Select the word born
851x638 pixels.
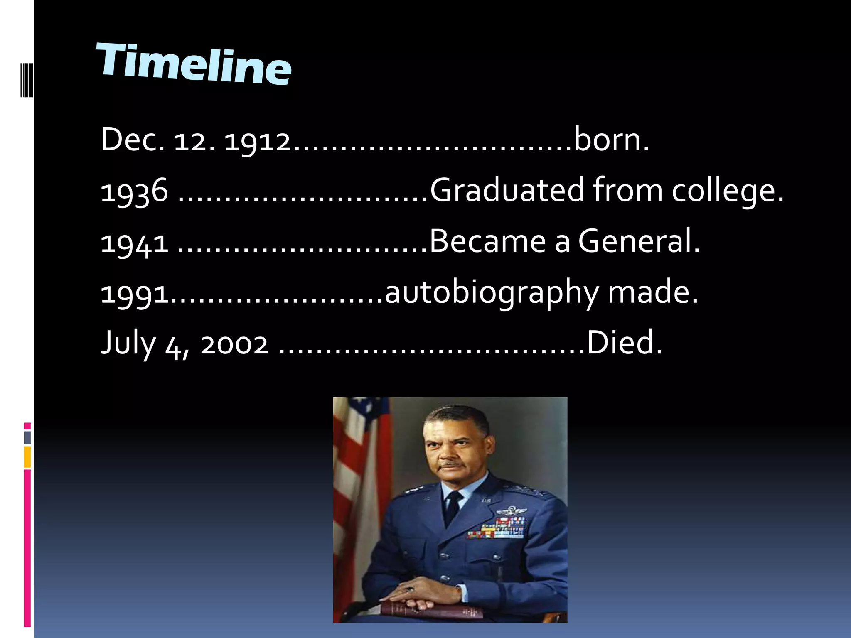(611, 140)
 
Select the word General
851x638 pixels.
(638, 241)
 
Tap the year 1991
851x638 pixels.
(135, 294)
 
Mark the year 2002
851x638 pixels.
(234, 345)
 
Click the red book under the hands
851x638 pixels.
(432, 610)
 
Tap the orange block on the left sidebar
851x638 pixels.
(27, 457)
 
